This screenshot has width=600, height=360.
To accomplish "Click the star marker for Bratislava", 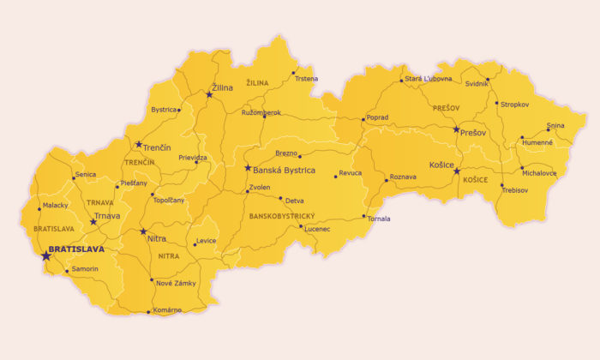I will [45, 255].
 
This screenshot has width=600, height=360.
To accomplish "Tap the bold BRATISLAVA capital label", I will [77, 249].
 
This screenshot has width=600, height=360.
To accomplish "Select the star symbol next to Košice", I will [457, 170].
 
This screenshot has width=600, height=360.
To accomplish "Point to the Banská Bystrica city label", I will [284, 170].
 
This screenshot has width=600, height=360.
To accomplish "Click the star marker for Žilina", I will [209, 94].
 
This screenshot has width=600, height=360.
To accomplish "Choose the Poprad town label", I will [377, 117].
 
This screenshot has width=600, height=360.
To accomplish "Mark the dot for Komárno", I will [149, 311].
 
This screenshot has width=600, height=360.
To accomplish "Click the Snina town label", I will [555, 125].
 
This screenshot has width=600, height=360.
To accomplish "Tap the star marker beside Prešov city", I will [457, 129].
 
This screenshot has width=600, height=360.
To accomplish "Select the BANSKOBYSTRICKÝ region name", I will [282, 216].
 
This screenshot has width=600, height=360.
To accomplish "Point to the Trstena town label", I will [306, 79].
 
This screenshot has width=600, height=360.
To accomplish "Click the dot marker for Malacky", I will [39, 207].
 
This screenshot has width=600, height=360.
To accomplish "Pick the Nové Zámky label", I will [175, 283].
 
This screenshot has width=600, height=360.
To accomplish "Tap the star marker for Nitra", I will [143, 231].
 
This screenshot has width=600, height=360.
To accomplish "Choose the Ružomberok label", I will [261, 112].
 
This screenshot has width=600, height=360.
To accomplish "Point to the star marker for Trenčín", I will [139, 144].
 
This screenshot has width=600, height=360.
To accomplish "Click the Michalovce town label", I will [538, 172].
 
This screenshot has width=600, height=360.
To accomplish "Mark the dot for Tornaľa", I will [364, 215].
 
